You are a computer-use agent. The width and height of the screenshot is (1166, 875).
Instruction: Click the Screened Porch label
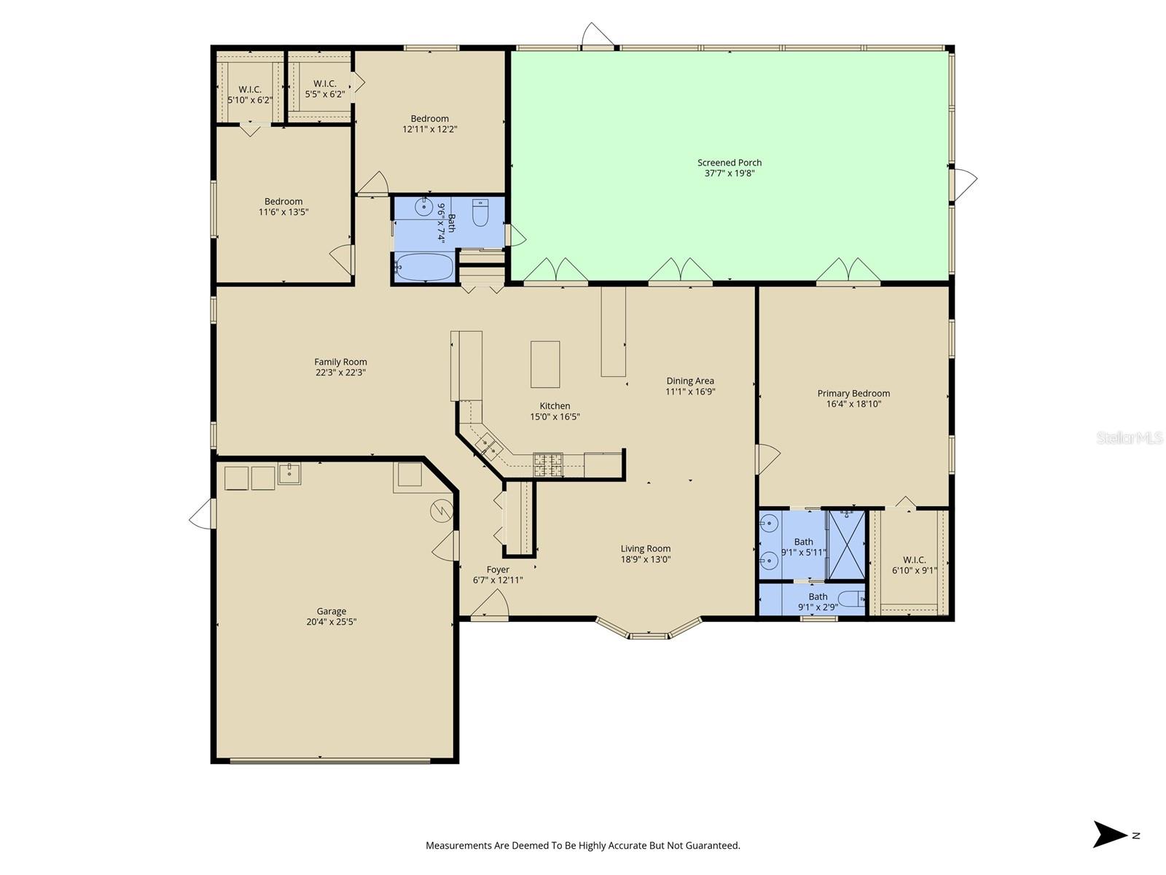pyautogui.click(x=729, y=163)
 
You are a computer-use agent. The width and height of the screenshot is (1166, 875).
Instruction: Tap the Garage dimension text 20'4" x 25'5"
pyautogui.click(x=331, y=621)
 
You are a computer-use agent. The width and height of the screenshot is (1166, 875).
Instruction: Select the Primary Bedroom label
pyautogui.click(x=853, y=393)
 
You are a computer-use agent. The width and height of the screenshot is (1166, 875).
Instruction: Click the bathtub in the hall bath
pyautogui.click(x=424, y=267)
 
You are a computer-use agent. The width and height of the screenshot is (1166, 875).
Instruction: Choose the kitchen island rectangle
pyautogui.click(x=545, y=365)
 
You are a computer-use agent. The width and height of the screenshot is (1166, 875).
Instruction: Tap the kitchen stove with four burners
pyautogui.click(x=548, y=465)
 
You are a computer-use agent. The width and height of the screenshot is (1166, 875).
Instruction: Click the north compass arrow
pyautogui.click(x=1108, y=835)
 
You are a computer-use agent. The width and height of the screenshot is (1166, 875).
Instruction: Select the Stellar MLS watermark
pyautogui.click(x=1130, y=437)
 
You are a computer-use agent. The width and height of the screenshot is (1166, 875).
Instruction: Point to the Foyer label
pyautogui.click(x=498, y=569)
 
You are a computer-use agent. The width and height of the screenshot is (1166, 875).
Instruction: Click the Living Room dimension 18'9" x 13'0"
pyautogui.click(x=646, y=559)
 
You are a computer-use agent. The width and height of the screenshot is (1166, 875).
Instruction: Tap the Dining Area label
pyautogui.click(x=690, y=381)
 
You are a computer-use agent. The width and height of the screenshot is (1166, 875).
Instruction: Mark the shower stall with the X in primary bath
pyautogui.click(x=847, y=545)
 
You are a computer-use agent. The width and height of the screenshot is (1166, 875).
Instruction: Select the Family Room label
pyautogui.click(x=340, y=362)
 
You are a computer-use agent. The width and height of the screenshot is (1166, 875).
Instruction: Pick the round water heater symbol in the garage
pyautogui.click(x=442, y=511)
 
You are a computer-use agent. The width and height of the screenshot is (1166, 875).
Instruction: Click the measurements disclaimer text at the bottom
pyautogui.click(x=583, y=845)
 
